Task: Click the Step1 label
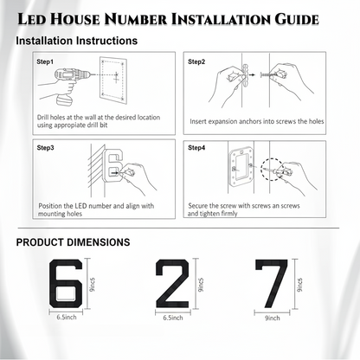point(45,62)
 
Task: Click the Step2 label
point(196,62)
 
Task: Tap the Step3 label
point(45,148)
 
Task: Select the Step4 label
point(196,148)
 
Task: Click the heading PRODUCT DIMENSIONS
point(74,242)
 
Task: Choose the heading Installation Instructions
point(76,41)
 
